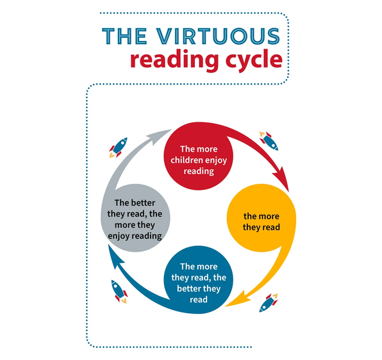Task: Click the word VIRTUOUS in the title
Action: point(218,36)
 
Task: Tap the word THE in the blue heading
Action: point(124,36)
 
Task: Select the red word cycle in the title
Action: point(254,60)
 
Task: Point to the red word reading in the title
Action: point(174,60)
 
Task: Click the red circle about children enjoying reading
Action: point(198,156)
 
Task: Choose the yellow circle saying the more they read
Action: point(261,218)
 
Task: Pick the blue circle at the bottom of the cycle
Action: point(198,280)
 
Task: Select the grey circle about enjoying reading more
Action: point(135,218)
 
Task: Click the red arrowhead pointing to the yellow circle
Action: point(282,178)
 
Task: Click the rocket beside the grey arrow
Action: point(118,147)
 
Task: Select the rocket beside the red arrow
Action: point(269,141)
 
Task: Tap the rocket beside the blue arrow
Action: point(119,291)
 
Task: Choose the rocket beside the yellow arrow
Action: point(269,303)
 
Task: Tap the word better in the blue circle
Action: point(187,288)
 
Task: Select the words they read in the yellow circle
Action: point(261,227)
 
